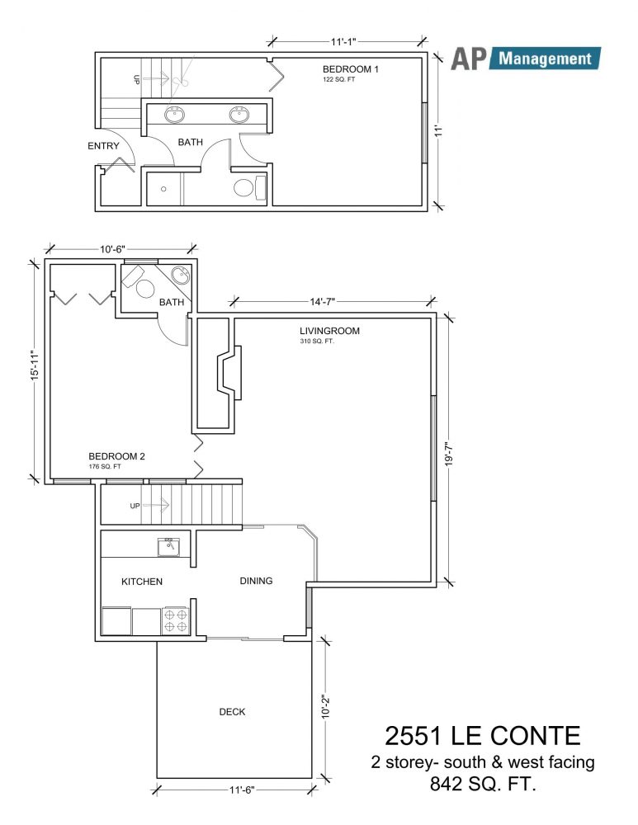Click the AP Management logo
pyautogui.click(x=526, y=59)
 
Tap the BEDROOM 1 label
pyautogui.click(x=351, y=69)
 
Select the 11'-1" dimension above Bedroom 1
pyautogui.click(x=344, y=41)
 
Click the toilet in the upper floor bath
pyautogui.click(x=249, y=188)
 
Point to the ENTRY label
pyautogui.click(x=103, y=146)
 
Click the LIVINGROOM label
pyautogui.click(x=329, y=331)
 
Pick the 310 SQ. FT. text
pyautogui.click(x=317, y=342)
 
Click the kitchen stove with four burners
pyautogui.click(x=175, y=620)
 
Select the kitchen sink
pyautogui.click(x=168, y=547)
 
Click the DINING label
pyautogui.click(x=257, y=581)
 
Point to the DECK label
pyautogui.click(x=232, y=712)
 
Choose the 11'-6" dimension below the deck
pyautogui.click(x=242, y=790)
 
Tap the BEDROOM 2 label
pyautogui.click(x=116, y=456)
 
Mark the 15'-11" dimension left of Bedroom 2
pyautogui.click(x=35, y=365)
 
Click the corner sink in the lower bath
pyautogui.click(x=181, y=276)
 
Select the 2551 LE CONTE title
pyautogui.click(x=482, y=736)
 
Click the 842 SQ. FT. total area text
pyautogui.click(x=483, y=785)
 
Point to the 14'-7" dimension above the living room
pyautogui.click(x=322, y=301)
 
